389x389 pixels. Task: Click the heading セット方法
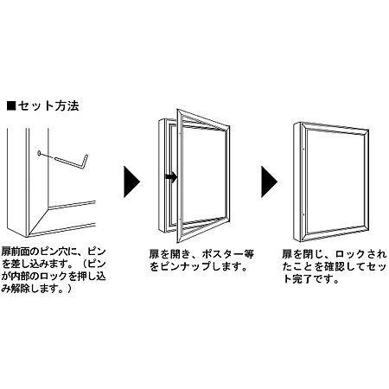pyautogui.click(x=49, y=107)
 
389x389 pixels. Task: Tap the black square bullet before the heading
pyautogui.click(x=11, y=107)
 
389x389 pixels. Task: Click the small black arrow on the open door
pyautogui.click(x=172, y=178)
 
